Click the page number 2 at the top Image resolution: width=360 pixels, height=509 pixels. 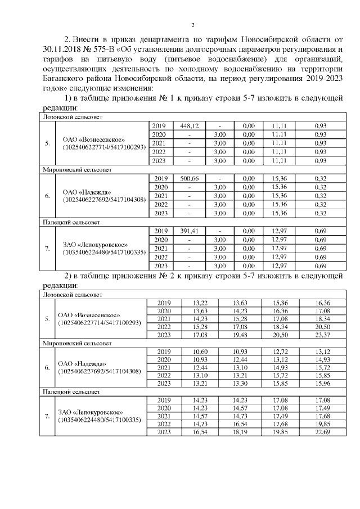[193, 25]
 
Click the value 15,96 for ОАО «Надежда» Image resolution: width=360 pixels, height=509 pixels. [323, 384]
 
